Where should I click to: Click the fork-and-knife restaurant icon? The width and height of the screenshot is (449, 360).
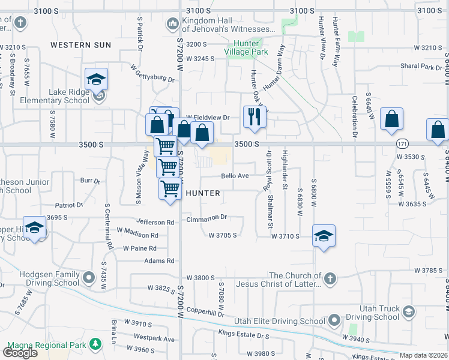tap(255, 116)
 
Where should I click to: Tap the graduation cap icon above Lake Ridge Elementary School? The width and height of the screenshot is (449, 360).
tap(96, 79)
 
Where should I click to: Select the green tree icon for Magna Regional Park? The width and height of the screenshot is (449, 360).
tap(95, 344)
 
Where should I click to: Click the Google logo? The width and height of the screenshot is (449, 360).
tap(20, 352)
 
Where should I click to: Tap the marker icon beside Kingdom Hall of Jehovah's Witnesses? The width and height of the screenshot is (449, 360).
tap(172, 23)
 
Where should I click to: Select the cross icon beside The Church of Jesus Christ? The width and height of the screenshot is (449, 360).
tap(330, 278)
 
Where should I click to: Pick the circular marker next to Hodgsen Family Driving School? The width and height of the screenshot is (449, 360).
tap(89, 277)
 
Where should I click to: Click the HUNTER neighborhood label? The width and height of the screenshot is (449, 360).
tap(203, 193)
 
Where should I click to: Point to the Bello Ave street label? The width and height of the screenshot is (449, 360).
tap(235, 176)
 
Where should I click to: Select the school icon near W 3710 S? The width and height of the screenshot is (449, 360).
tap(324, 236)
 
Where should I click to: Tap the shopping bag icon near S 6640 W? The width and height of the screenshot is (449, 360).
tap(391, 119)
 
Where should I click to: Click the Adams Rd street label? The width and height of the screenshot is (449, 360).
tap(159, 261)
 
